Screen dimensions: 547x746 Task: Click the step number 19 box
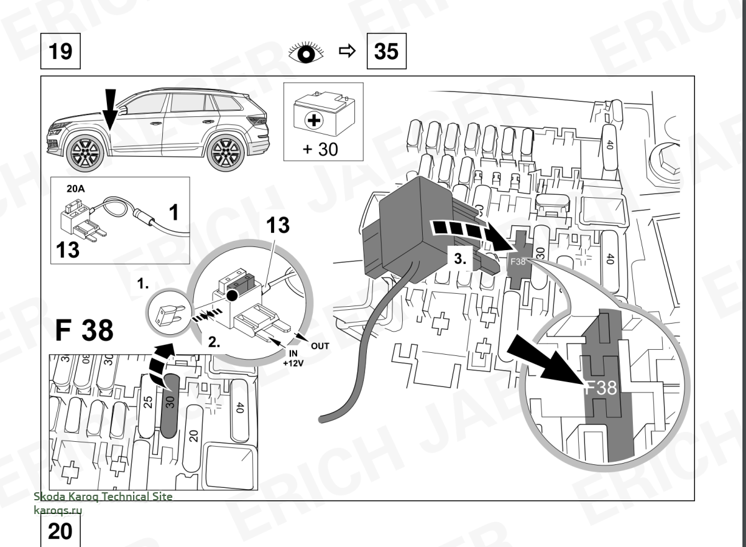60,51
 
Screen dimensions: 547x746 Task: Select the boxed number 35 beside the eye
387,51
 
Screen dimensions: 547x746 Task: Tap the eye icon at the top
307,52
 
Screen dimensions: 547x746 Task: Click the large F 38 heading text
83,332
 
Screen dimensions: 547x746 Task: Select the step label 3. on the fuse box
460,260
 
